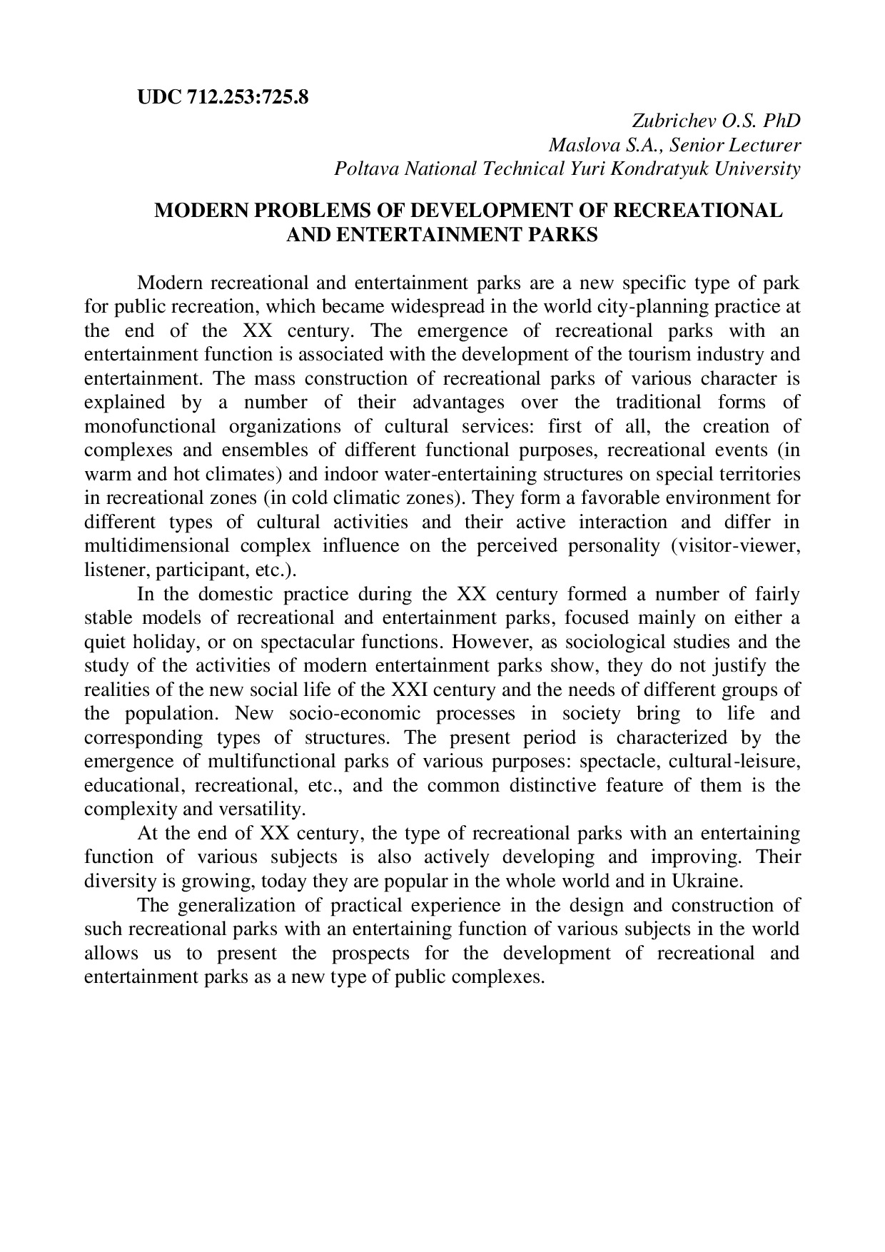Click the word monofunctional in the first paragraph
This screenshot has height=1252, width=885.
click(149, 426)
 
